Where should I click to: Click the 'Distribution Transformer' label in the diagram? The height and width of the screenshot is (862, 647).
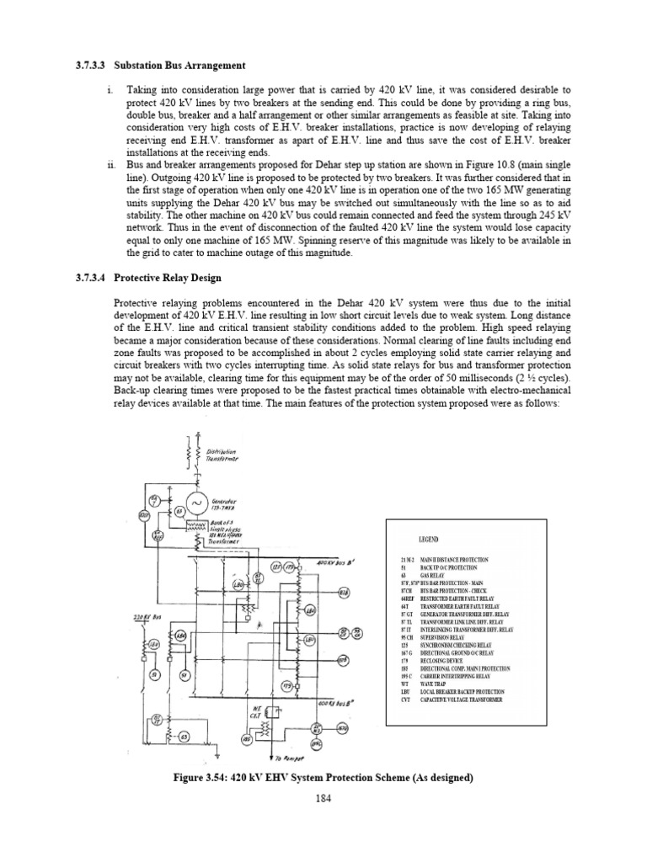[x=223, y=455]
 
